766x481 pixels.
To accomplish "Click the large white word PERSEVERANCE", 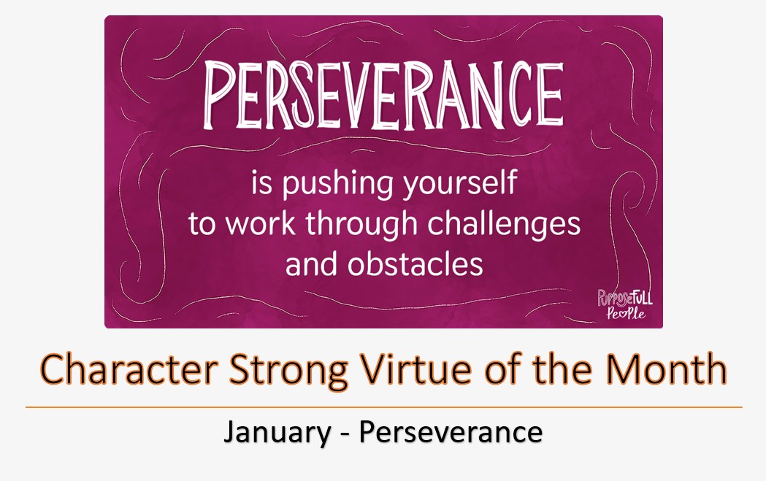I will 383,95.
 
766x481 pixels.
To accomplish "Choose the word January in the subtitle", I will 277,433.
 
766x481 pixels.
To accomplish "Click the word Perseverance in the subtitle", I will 451,432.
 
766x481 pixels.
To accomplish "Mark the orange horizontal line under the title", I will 383,407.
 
